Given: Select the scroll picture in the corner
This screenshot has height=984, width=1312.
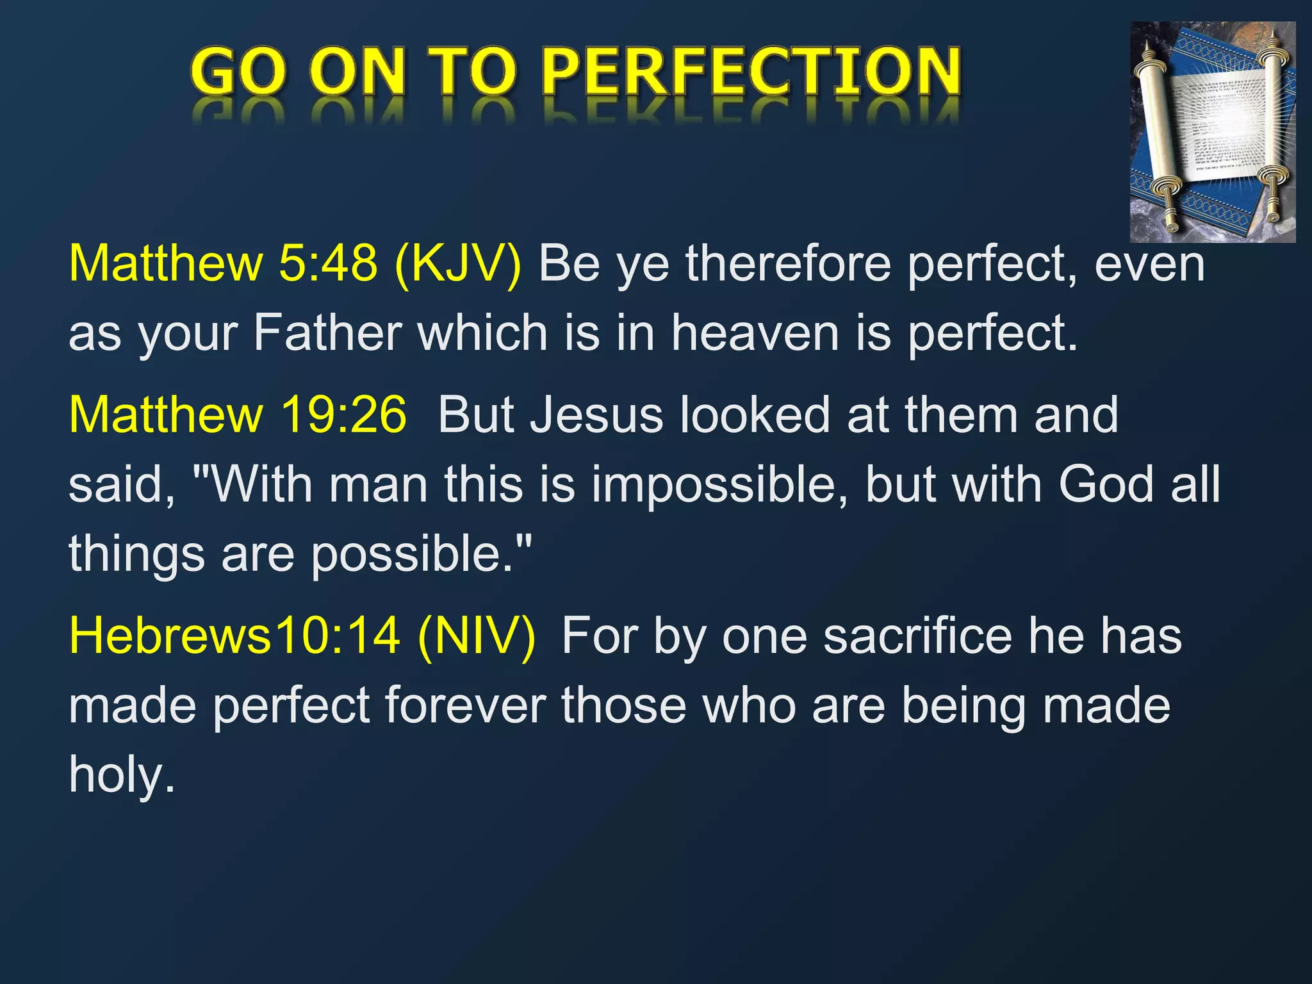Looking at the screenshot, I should click(x=1212, y=132).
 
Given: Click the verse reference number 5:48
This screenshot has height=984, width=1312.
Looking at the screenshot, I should click(x=327, y=264).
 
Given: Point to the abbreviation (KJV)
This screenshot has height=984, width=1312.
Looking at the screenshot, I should click(x=459, y=264).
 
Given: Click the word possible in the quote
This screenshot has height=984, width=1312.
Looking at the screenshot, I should click(x=410, y=554).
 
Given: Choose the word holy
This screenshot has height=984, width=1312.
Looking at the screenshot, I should click(x=121, y=775).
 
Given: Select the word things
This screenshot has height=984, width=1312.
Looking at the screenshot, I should click(x=136, y=554).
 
